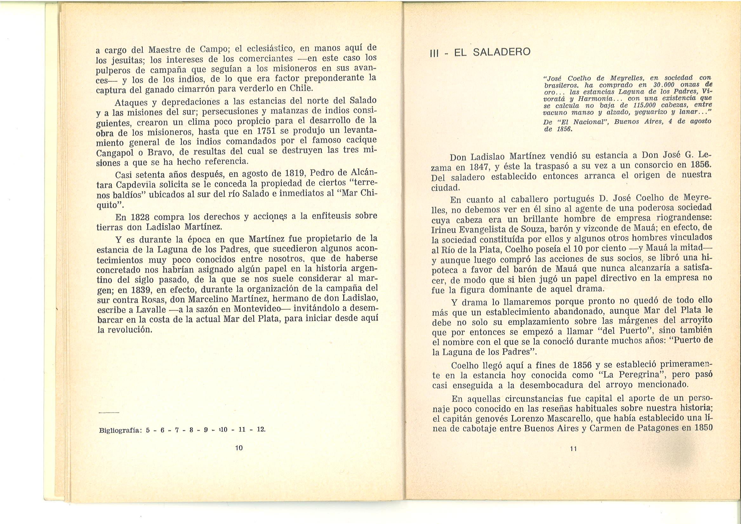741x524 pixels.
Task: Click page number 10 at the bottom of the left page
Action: [239, 448]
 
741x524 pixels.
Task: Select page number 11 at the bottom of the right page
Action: [573, 449]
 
